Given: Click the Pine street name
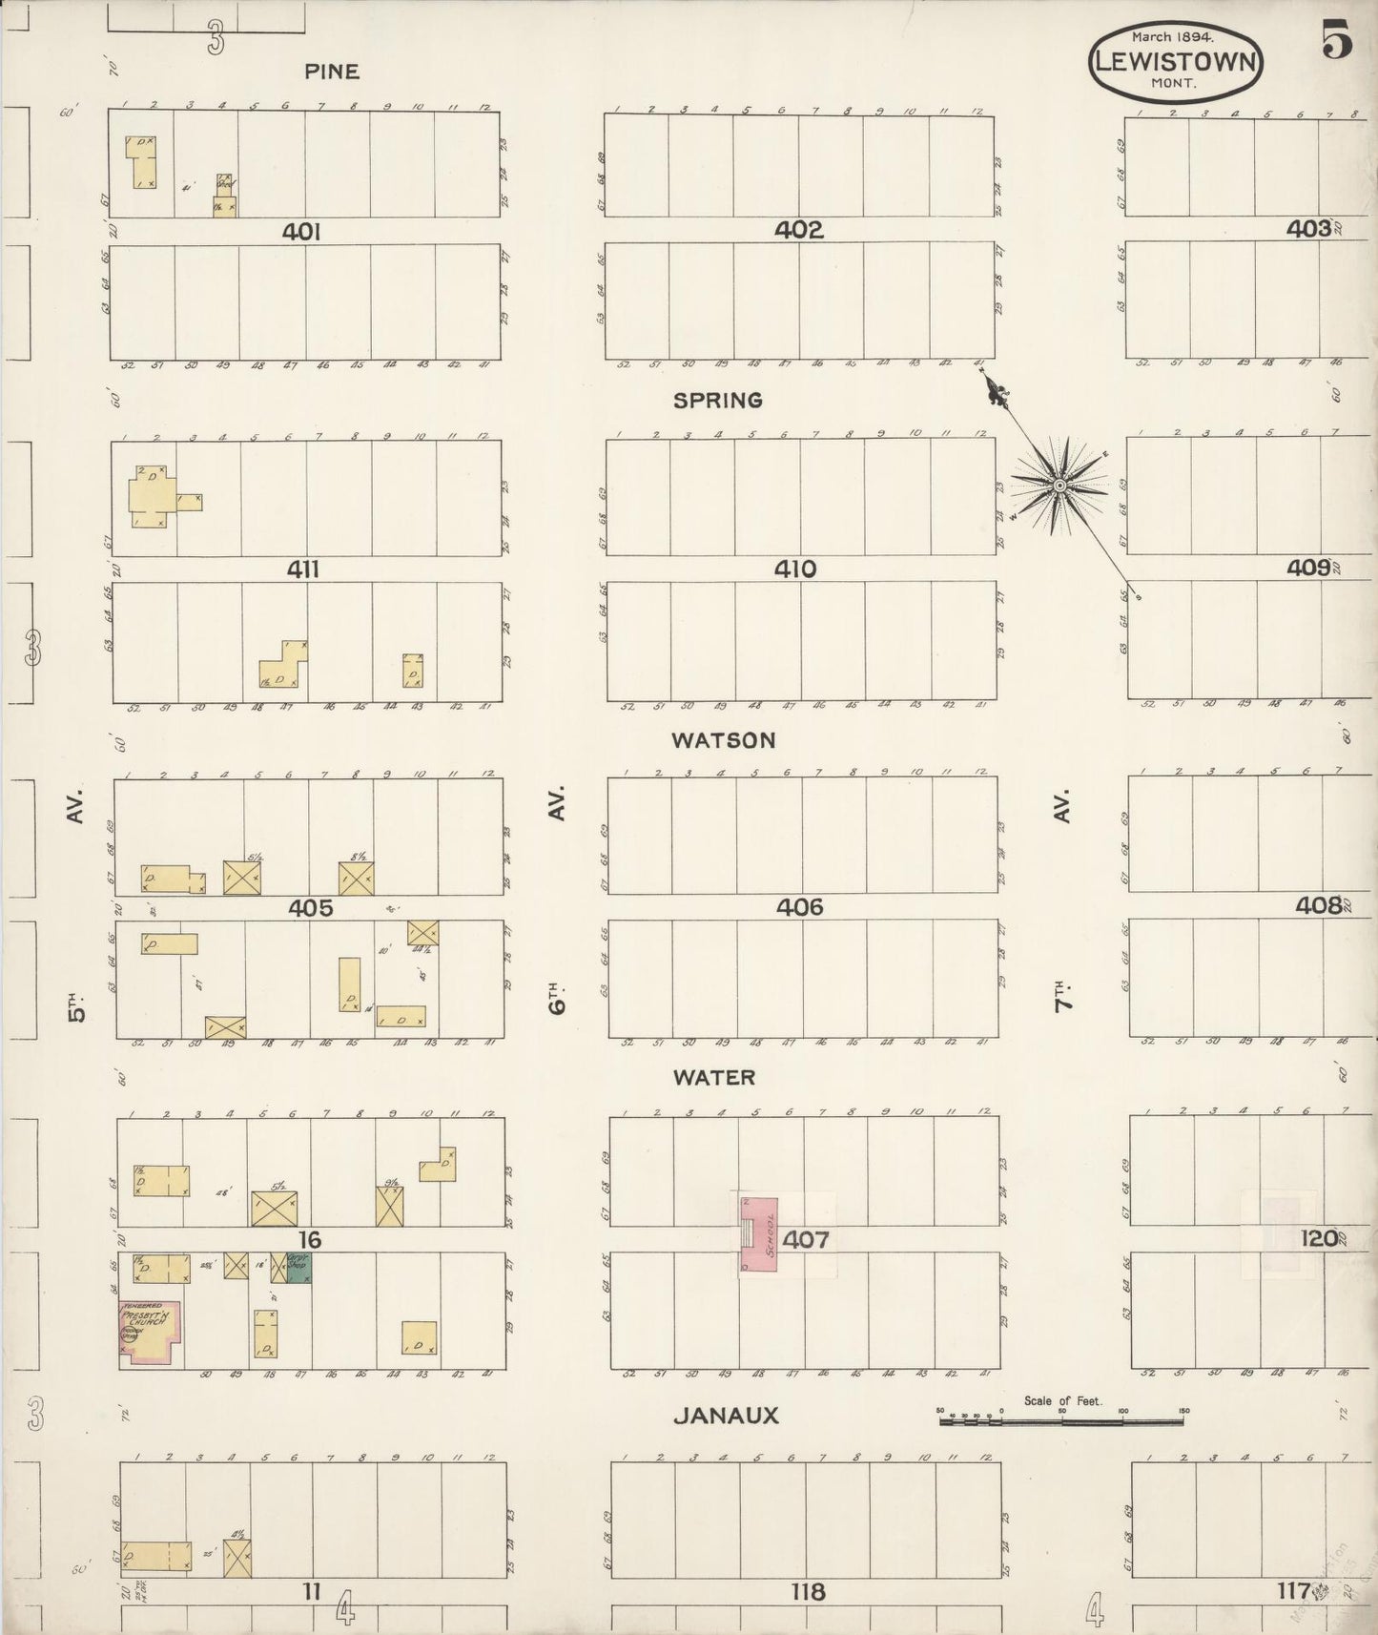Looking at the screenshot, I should tap(332, 71).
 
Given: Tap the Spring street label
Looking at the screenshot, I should tap(717, 401).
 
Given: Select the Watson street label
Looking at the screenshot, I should tap(723, 740).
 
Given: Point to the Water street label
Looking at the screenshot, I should tap(713, 1077).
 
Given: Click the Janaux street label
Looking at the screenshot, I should tap(726, 1416).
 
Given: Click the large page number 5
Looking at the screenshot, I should tap(1336, 40).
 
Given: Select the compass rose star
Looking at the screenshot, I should tap(1059, 486).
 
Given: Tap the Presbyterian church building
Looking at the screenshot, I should tap(151, 1331).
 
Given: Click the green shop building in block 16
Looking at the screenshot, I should tap(298, 1268).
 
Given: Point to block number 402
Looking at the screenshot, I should tap(798, 230).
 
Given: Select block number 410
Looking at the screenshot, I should tap(794, 569).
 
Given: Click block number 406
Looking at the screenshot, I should tap(799, 907).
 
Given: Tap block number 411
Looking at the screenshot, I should tap(303, 569).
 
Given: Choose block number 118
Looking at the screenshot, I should tap(807, 1591).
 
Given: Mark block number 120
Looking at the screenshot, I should tap(1319, 1238).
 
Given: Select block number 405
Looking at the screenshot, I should tap(311, 908).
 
